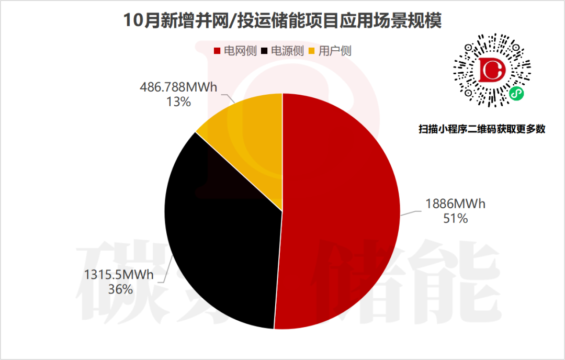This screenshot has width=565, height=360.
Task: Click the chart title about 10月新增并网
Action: [x=282, y=21]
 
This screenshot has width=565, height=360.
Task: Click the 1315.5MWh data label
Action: [x=119, y=275]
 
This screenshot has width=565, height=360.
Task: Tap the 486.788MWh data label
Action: [x=178, y=87]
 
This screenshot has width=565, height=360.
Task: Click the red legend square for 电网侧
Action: [x=218, y=51]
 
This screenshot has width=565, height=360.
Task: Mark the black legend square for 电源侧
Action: [x=265, y=51]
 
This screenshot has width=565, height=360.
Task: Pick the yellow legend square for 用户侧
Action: [x=313, y=51]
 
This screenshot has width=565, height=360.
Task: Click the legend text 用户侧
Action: [x=335, y=51]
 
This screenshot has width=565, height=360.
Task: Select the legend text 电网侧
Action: [x=240, y=51]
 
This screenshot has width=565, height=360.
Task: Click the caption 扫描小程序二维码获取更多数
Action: [x=482, y=129]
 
